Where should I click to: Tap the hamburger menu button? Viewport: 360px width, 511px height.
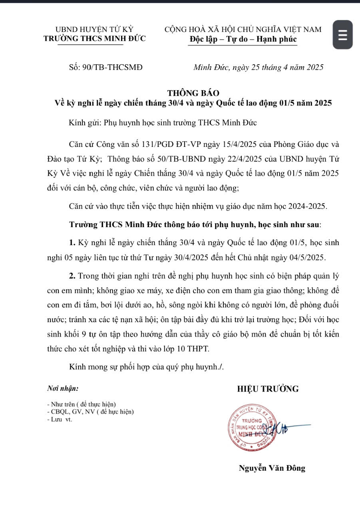pos(342,35)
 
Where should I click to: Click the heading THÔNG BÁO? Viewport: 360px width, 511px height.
pos(193,93)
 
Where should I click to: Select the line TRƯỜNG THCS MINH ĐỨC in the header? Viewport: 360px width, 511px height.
pos(95,39)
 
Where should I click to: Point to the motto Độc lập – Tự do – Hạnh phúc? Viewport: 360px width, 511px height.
pos(243,39)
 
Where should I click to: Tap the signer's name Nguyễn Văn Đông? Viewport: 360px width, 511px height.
pos(272,468)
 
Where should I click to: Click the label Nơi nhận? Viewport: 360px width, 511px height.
pos(63,388)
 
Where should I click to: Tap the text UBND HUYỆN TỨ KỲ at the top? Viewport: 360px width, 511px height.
pos(94,29)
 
